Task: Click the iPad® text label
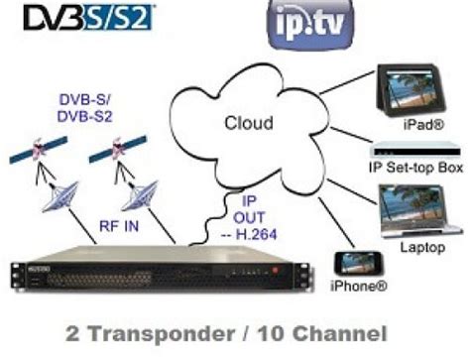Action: click(422, 128)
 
